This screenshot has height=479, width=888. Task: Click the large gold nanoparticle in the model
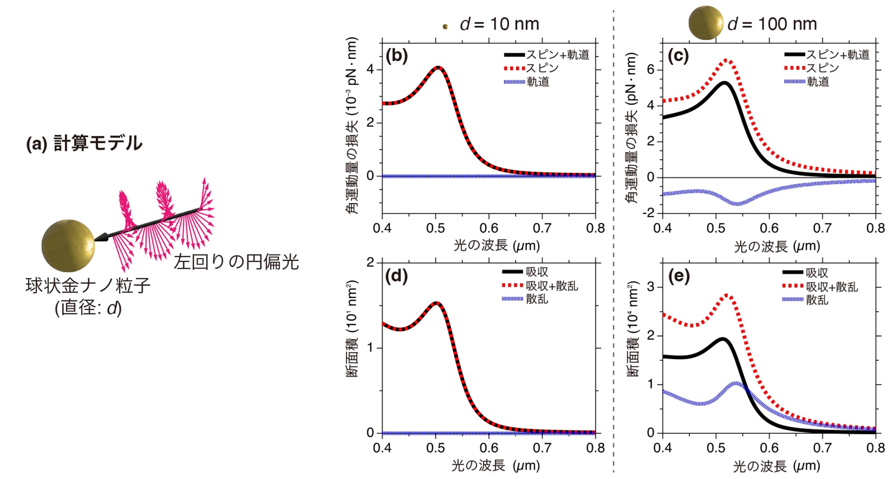tap(68, 245)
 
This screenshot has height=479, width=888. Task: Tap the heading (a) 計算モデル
tap(84, 143)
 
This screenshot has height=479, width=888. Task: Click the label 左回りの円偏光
tap(236, 262)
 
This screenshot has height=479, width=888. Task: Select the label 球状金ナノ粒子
tap(88, 286)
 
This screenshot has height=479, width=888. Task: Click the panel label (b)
tap(397, 56)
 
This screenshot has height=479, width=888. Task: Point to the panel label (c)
tap(678, 56)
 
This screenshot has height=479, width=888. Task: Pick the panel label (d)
tap(397, 276)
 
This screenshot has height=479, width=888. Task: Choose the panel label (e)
tap(678, 276)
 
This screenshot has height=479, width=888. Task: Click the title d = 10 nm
tap(499, 24)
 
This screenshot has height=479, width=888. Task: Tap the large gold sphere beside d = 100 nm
tap(705, 23)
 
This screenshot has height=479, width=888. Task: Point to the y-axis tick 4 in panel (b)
tap(371, 69)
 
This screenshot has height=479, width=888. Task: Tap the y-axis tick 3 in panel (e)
tap(651, 287)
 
